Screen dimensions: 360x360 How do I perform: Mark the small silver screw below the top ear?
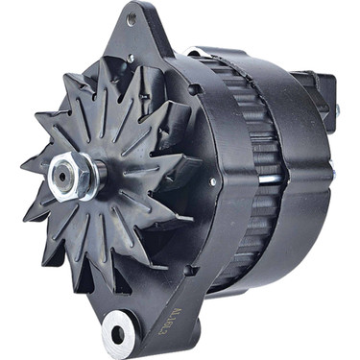[129, 60]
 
